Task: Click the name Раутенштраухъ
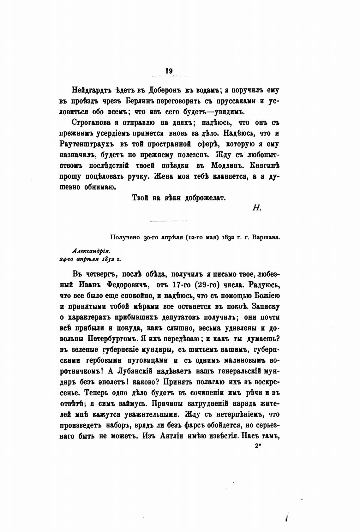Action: (x=87, y=144)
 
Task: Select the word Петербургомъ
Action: (x=112, y=339)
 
